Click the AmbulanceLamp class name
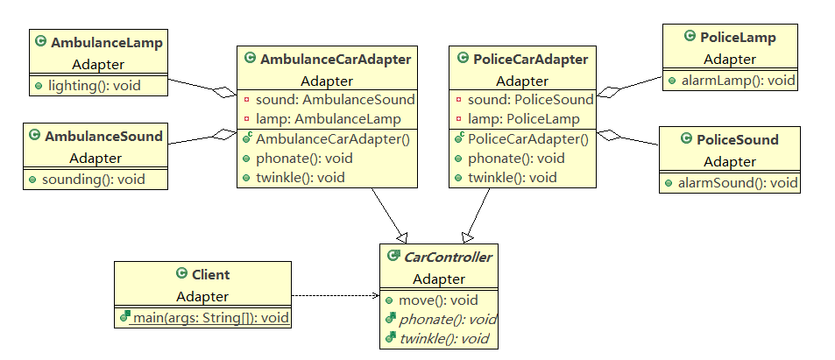[107, 42]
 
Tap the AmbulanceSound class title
[103, 136]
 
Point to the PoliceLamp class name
[738, 38]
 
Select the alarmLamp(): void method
[737, 81]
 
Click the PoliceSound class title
[737, 139]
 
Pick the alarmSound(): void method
[737, 182]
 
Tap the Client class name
[210, 274]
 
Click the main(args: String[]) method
[210, 316]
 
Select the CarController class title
[446, 257]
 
